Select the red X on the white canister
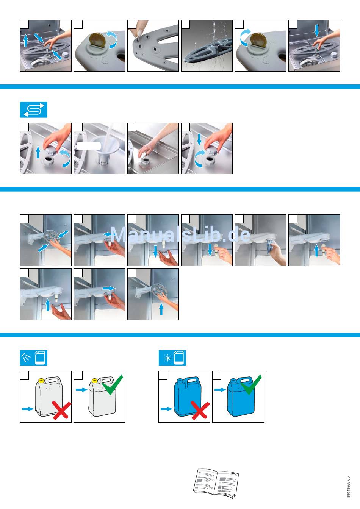61,410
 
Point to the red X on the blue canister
200,410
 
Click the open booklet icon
216,483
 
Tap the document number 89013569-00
349,487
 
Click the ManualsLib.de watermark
180,235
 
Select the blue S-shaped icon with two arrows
34,110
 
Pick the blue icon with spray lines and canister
34,358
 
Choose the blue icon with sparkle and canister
172,358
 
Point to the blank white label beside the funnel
89,146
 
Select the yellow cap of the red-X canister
41,380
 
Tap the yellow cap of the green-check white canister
95,380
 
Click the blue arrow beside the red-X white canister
28,409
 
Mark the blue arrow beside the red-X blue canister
166,409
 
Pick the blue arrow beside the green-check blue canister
220,390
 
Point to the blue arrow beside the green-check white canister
81,390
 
